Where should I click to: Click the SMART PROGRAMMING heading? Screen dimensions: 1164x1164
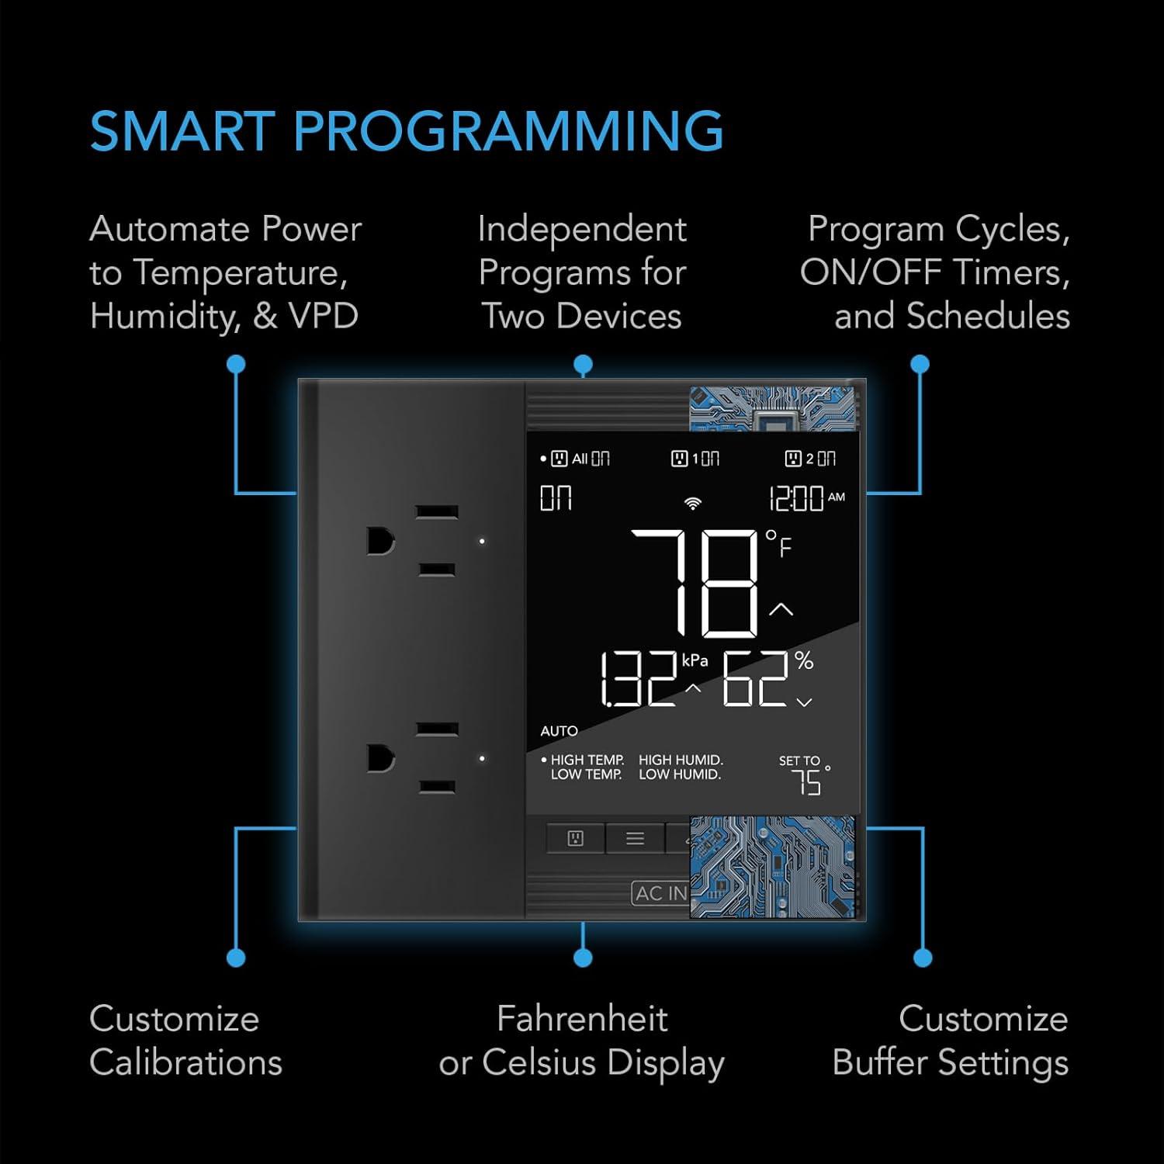(x=407, y=130)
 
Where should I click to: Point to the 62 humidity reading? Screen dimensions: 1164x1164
(x=756, y=681)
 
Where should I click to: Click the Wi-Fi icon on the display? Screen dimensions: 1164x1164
(x=692, y=503)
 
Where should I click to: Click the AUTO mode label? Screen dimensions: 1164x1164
(x=559, y=731)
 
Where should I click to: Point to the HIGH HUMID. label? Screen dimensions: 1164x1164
(x=681, y=760)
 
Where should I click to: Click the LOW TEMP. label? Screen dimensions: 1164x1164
(x=586, y=774)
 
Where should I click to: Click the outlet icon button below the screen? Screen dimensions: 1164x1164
(x=575, y=838)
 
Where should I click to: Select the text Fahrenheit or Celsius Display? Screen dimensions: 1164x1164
(x=582, y=1041)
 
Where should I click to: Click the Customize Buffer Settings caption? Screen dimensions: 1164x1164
(x=951, y=1041)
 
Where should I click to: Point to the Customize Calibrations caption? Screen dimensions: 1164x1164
(x=185, y=1041)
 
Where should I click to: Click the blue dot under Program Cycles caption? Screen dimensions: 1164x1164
(x=920, y=364)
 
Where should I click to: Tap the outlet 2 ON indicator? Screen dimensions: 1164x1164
(x=810, y=459)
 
